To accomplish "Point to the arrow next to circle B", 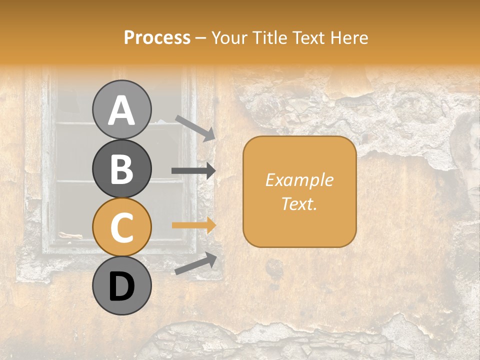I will coord(193,171).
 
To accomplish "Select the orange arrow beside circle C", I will coord(193,225).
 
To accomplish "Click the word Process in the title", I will coord(157,37).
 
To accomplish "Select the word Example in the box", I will coord(299,180).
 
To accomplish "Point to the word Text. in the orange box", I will coord(299,203).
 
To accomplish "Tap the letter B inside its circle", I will coord(121,169).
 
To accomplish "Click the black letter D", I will coord(121,286).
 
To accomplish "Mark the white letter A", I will coord(121,110).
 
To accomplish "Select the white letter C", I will coord(121,228).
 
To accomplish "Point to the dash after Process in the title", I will coord(201,38).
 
